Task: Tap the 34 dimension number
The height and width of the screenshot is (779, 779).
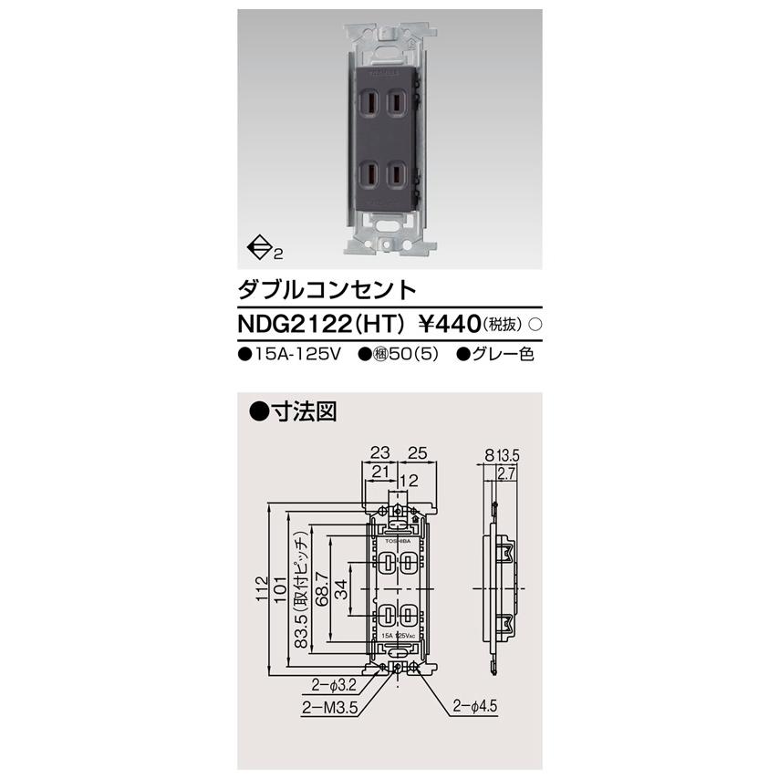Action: pos(339,584)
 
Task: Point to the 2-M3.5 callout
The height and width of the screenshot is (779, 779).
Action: pos(322,705)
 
